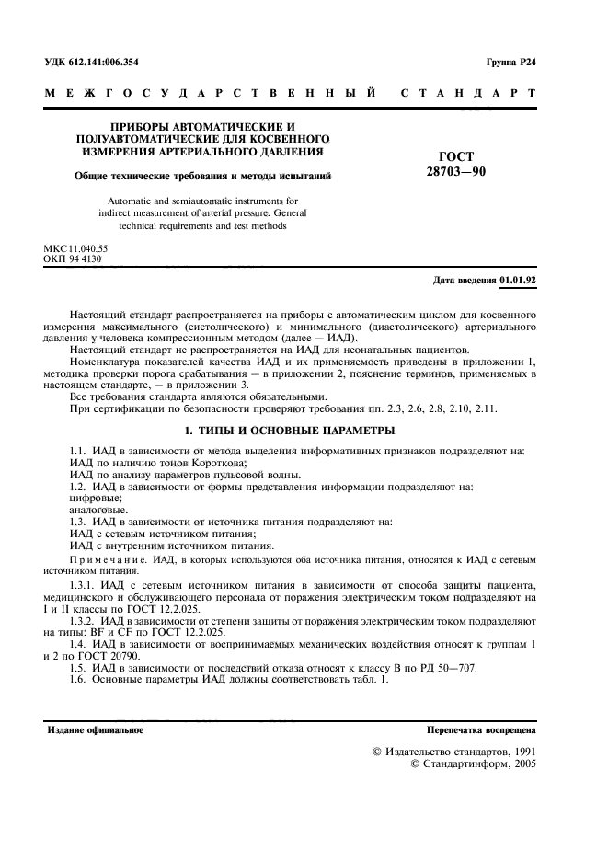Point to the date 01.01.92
pos(518,278)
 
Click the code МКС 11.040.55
pos(75,249)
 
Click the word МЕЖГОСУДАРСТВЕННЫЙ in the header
pos(209,94)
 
